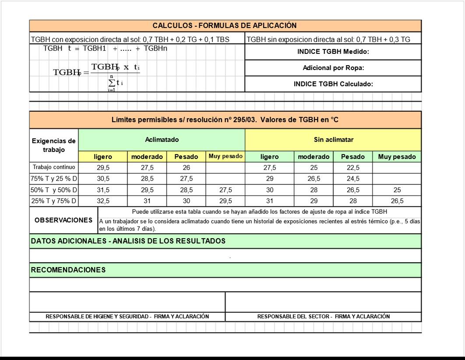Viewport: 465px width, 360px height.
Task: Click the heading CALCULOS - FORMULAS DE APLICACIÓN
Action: tap(225, 25)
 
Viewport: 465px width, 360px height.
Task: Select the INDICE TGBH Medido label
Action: tap(333, 52)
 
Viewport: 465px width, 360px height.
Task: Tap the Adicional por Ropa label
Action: tap(333, 68)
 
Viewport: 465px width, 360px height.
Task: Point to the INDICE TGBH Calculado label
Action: tap(333, 84)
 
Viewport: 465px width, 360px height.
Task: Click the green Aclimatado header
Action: tap(162, 140)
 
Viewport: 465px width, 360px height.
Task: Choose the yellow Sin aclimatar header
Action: tap(333, 140)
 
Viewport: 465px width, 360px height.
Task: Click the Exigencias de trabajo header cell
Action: tap(54, 145)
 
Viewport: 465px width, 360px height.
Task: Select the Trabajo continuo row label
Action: tap(54, 167)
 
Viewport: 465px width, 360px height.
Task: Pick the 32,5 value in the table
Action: tap(103, 201)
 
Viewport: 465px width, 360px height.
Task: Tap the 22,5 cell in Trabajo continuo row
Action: tap(352, 168)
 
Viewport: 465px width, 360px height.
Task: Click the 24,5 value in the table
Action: tap(352, 179)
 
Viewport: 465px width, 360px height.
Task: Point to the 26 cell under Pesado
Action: tap(186, 168)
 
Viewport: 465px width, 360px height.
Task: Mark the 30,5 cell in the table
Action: tap(103, 179)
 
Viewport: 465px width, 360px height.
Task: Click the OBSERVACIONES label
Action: tap(63, 220)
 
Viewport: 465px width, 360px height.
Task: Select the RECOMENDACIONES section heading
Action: tap(68, 270)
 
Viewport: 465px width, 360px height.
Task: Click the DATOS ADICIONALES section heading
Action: tap(128, 241)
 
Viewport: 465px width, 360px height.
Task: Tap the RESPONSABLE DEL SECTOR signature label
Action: tap(323, 316)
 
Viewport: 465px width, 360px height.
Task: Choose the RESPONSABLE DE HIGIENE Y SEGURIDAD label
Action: tap(127, 316)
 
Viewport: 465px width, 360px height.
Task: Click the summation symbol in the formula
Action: tap(112, 82)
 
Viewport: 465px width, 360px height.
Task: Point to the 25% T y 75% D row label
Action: tap(54, 201)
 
